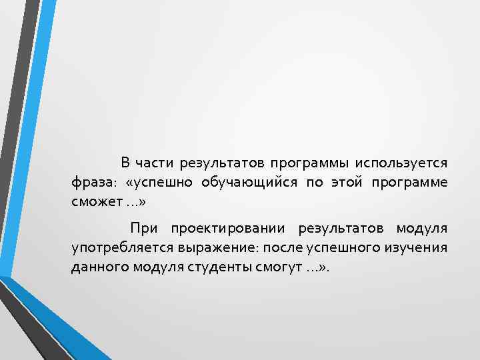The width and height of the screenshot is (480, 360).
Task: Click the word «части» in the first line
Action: click(x=153, y=163)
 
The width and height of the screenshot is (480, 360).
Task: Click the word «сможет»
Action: click(x=94, y=201)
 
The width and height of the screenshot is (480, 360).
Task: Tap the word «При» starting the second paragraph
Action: click(x=144, y=229)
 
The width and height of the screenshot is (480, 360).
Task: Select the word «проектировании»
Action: click(x=228, y=229)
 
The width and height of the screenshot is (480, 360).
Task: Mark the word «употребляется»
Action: click(x=122, y=248)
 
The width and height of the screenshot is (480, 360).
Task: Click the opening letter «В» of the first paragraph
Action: click(x=125, y=163)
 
